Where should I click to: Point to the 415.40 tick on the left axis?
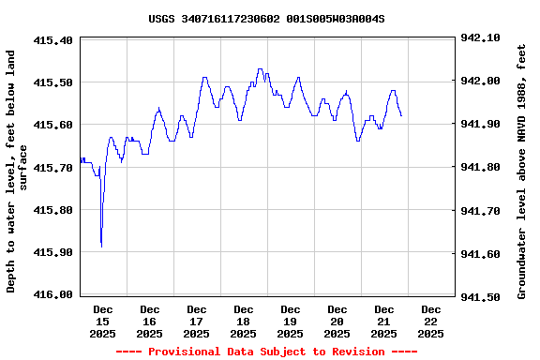point(52,40)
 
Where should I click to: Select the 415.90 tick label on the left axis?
point(52,252)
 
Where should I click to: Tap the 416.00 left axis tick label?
point(52,294)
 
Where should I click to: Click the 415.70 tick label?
point(52,168)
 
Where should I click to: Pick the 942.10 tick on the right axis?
point(482,38)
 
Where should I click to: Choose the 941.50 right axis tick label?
point(482,296)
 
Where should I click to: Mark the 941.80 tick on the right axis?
point(482,168)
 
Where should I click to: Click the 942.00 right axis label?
point(482,82)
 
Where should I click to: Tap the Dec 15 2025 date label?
point(103,321)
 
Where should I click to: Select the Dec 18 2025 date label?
point(244,321)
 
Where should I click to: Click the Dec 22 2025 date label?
point(431,321)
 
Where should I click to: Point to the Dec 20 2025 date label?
point(337,321)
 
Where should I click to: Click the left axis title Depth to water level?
point(17,172)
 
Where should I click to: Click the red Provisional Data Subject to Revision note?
point(266,352)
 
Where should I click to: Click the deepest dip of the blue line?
point(101,247)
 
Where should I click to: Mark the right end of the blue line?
point(401,115)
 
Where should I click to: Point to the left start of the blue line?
point(81,162)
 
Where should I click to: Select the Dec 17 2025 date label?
point(197,321)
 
